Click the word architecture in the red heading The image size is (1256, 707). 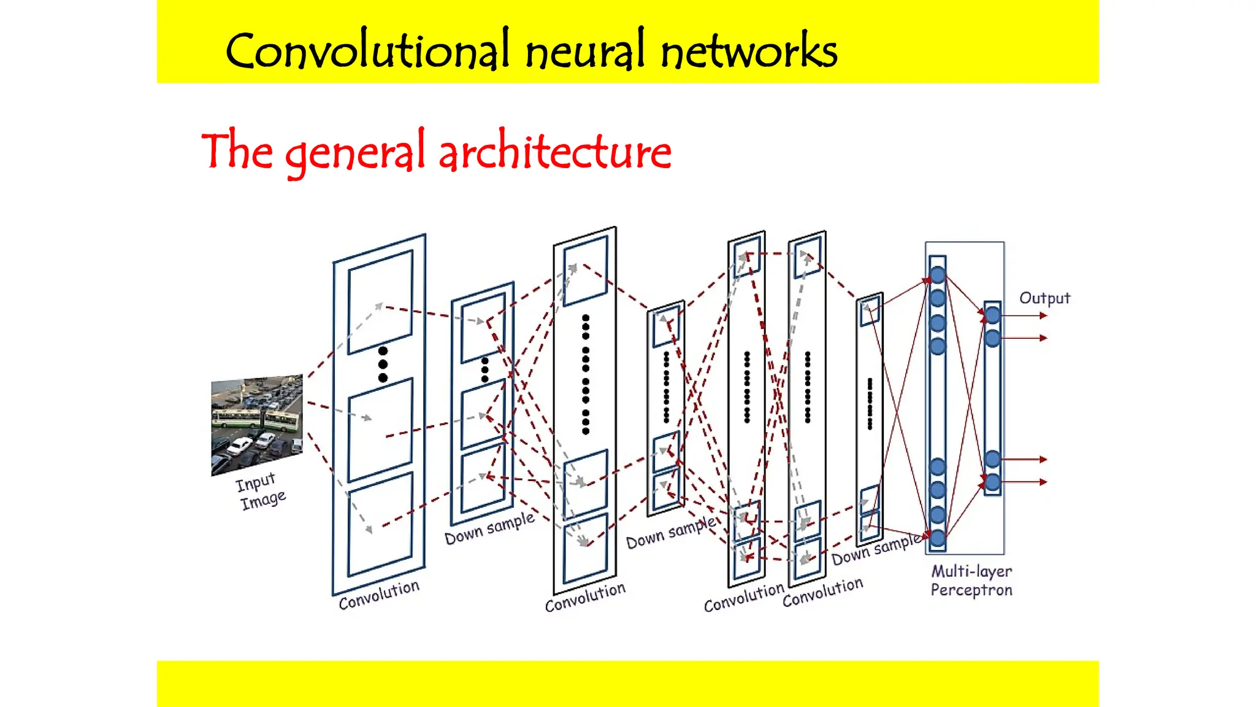pos(555,152)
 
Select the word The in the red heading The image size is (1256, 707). pos(237,150)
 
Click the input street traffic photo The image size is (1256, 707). pos(257,425)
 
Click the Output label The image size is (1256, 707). pos(1044,298)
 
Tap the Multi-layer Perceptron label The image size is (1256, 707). pos(971,581)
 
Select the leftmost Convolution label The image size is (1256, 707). pos(379,594)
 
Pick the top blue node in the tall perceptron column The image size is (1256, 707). pos(937,275)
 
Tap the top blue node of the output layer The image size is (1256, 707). pos(992,315)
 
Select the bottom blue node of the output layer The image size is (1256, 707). pos(992,482)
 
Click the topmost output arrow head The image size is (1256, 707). pos(1043,315)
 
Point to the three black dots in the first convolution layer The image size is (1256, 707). pos(383,365)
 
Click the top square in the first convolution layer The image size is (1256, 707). pos(380,302)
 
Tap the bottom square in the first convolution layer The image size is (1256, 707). pos(380,525)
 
